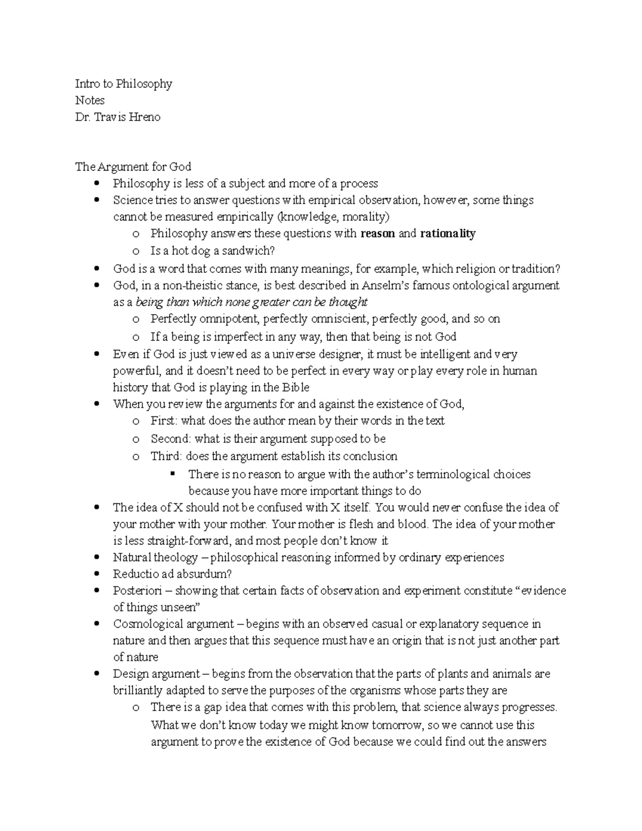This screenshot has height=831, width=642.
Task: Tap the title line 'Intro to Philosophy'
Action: pos(124,83)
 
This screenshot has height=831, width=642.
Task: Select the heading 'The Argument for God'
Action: pos(133,166)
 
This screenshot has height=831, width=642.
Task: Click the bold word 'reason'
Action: pos(378,233)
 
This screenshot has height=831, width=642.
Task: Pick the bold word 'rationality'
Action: pos(448,233)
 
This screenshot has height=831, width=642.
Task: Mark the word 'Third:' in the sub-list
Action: pos(166,456)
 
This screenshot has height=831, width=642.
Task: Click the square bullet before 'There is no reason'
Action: pos(172,474)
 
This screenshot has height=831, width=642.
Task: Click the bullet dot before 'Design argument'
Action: pos(96,674)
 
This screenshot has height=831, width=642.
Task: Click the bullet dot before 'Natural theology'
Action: pos(96,558)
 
